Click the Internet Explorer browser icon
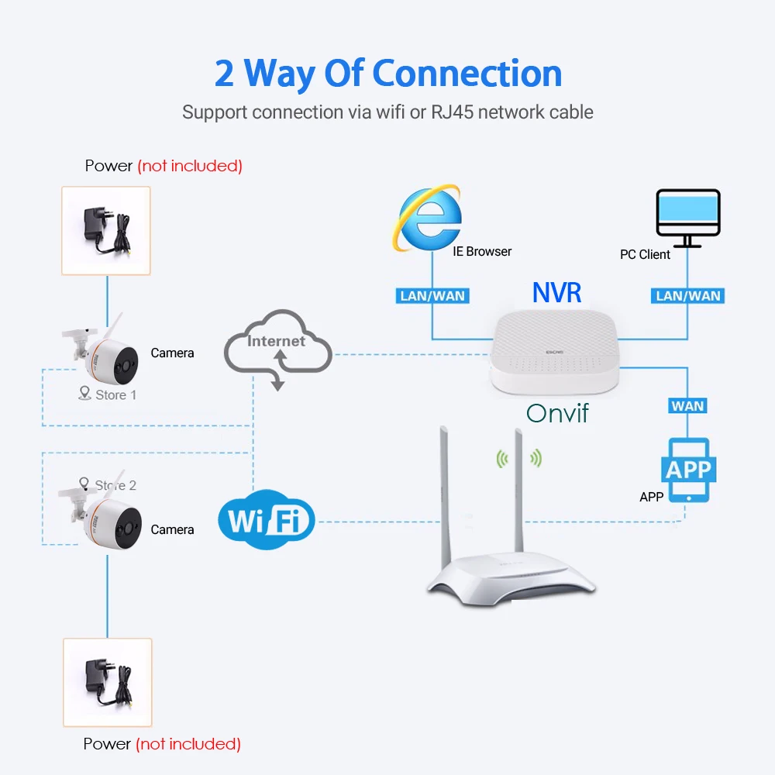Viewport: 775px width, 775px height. click(x=428, y=219)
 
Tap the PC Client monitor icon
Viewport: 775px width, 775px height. click(x=688, y=218)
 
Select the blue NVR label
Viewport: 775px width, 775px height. click(x=556, y=293)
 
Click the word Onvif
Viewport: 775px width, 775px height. click(x=557, y=413)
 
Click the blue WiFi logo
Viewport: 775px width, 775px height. click(x=267, y=519)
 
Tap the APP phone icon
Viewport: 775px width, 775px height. click(x=688, y=470)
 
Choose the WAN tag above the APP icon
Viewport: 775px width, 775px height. click(x=687, y=406)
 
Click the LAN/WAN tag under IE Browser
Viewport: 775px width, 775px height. click(x=432, y=296)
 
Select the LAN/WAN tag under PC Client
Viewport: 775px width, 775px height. click(x=687, y=296)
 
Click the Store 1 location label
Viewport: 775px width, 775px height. click(x=108, y=394)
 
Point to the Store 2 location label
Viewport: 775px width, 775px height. click(x=108, y=484)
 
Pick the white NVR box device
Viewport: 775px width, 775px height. click(x=555, y=352)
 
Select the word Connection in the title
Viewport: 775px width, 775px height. click(x=467, y=74)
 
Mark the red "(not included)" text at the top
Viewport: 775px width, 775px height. click(x=191, y=166)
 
